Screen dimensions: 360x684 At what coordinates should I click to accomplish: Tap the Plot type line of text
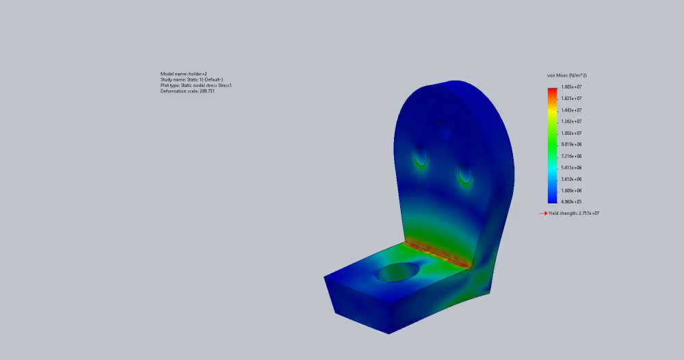point(196,86)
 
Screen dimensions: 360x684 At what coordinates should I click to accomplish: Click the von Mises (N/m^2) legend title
point(566,75)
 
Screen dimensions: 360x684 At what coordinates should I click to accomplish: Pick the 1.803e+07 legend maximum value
point(571,87)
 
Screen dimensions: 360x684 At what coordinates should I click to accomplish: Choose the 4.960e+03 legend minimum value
point(571,202)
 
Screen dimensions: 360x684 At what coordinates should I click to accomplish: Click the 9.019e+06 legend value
point(571,144)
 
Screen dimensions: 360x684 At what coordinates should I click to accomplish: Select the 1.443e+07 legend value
point(571,110)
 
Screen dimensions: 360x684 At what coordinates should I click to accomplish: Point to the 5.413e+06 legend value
point(571,168)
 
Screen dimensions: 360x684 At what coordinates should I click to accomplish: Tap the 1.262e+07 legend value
point(571,121)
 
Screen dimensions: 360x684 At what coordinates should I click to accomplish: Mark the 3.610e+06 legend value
point(571,179)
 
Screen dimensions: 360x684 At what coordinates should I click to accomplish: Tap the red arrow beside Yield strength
point(543,214)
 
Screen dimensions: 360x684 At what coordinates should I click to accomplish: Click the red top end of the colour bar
point(552,90)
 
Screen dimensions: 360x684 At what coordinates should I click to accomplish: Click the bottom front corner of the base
point(389,333)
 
